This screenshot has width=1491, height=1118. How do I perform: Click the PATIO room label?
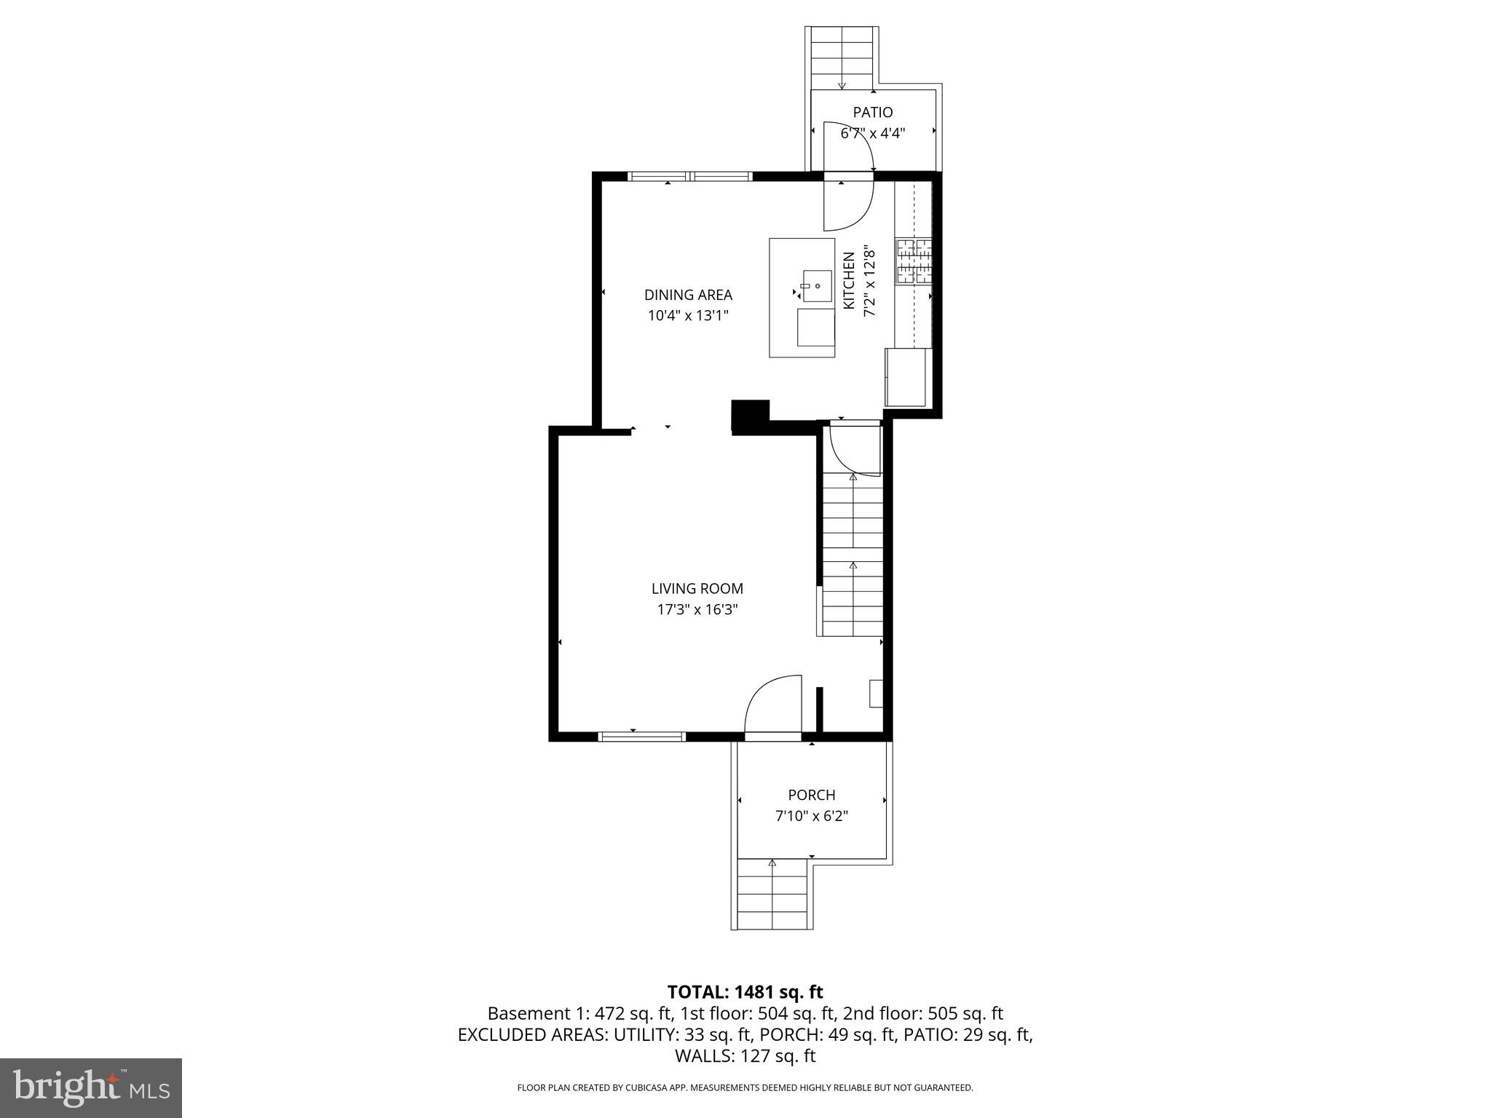(872, 113)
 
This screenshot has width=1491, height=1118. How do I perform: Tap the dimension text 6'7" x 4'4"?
(872, 134)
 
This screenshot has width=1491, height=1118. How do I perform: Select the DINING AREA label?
(688, 295)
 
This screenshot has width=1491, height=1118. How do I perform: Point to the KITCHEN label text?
(849, 280)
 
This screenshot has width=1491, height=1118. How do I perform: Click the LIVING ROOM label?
(697, 589)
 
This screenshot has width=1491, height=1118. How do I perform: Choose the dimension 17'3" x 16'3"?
(697, 610)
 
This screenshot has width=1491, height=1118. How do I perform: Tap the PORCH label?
(811, 795)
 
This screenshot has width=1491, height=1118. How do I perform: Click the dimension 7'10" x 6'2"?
(811, 816)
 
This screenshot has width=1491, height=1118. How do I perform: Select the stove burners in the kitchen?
(914, 261)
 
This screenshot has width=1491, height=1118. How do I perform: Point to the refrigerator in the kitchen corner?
(907, 377)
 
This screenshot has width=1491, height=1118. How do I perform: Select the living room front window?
(641, 737)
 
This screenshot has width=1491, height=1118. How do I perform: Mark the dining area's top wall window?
(689, 175)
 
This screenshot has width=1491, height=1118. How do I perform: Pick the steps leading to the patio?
(842, 58)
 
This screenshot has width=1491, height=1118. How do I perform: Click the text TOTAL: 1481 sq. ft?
(745, 992)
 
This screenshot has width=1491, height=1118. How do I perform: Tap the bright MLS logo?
(91, 1088)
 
